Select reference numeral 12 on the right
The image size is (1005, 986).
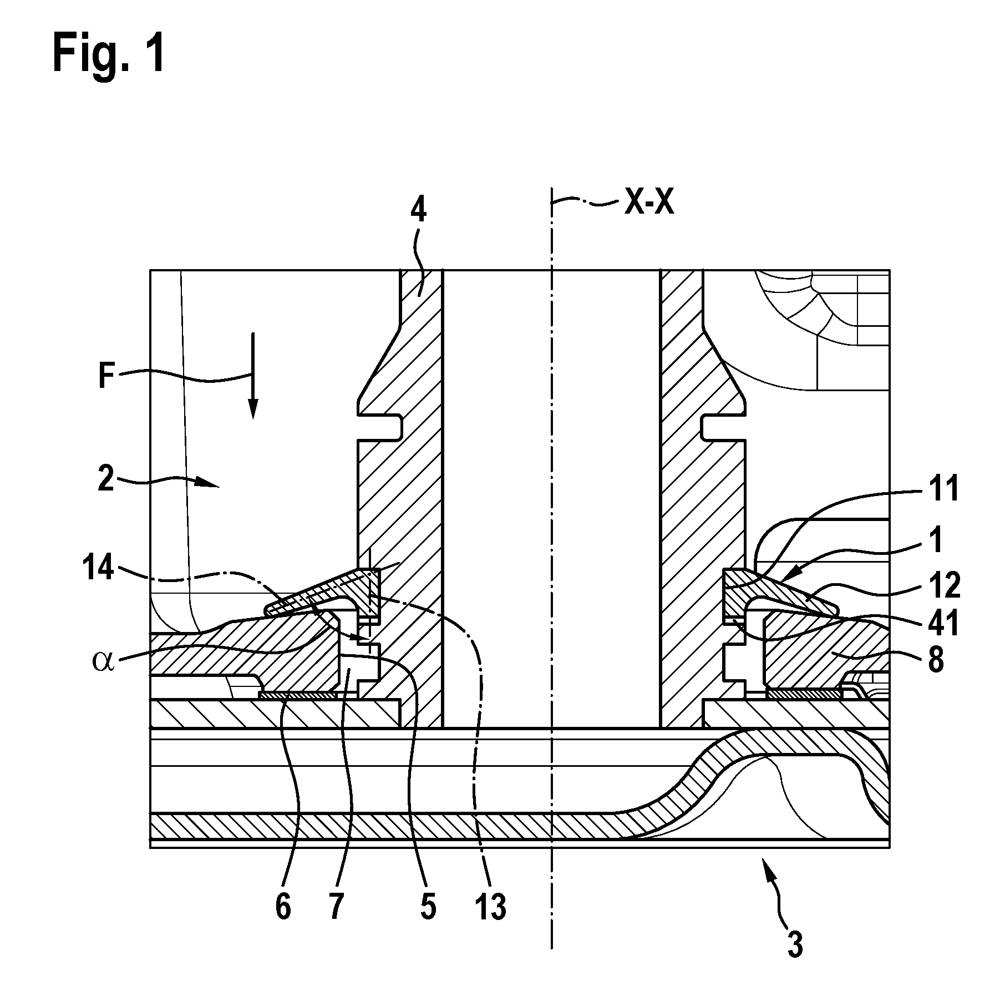(x=943, y=586)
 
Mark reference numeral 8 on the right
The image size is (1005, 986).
(x=936, y=661)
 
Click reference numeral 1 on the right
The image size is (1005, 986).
(x=936, y=540)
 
